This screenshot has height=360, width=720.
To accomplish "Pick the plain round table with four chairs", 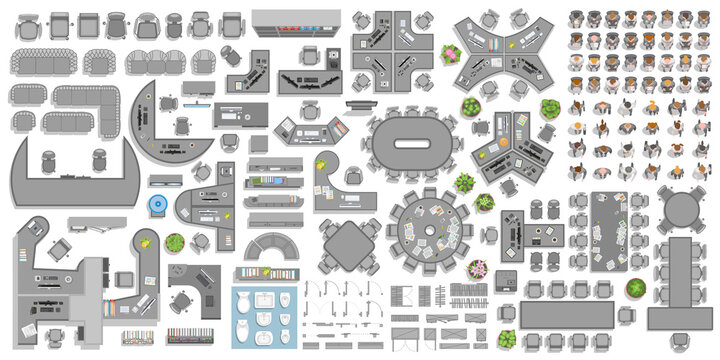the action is coord(682,211).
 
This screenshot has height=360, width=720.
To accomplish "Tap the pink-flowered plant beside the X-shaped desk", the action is coord(451,53).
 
